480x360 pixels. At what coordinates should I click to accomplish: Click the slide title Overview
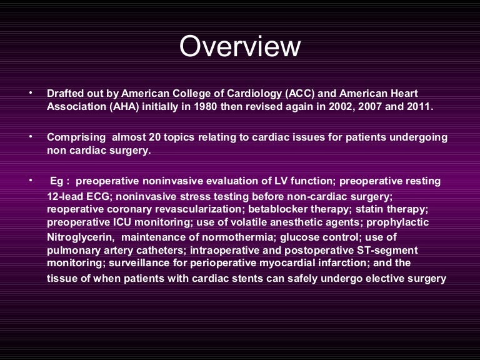coord(240,47)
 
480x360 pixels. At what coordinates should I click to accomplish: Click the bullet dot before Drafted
coord(29,93)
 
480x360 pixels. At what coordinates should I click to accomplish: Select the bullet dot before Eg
coord(29,180)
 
